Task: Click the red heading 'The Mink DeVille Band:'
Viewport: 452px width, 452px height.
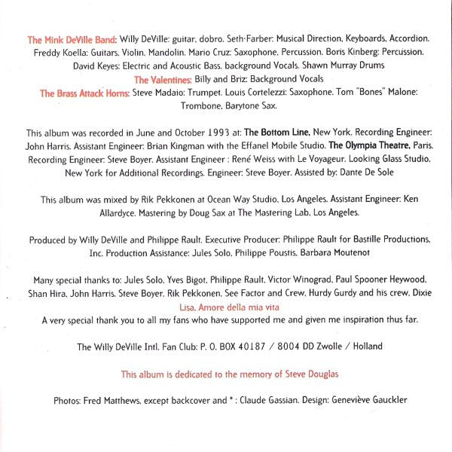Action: tap(72, 38)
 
